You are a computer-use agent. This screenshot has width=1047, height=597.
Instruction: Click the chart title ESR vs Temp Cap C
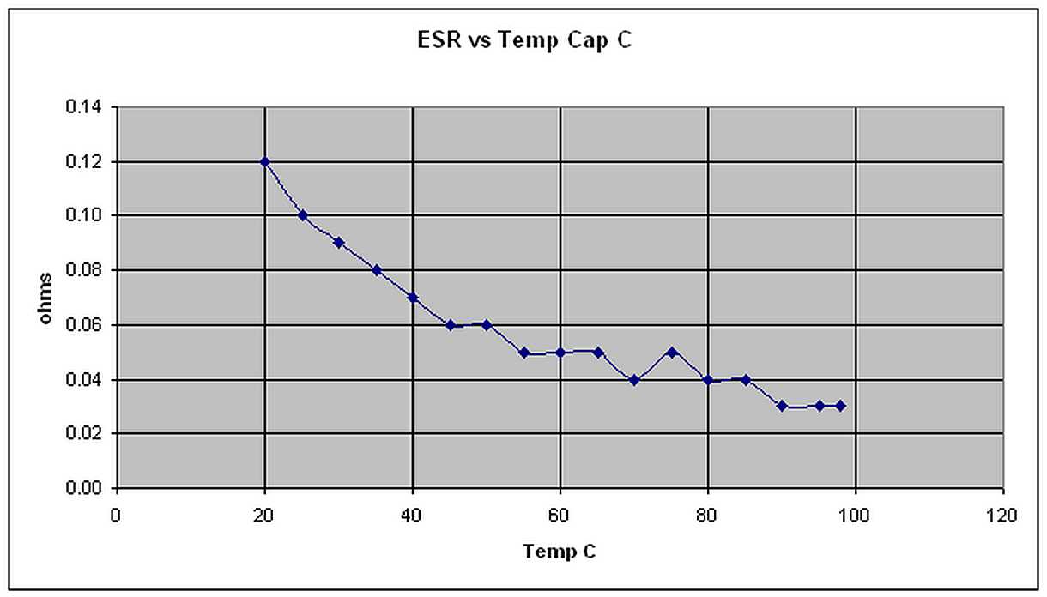(523, 41)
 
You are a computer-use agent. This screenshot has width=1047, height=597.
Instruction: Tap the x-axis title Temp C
(560, 552)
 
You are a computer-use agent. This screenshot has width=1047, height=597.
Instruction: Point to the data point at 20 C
(265, 161)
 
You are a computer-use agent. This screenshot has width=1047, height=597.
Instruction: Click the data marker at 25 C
(302, 215)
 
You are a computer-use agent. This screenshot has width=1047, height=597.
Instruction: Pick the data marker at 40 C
(413, 298)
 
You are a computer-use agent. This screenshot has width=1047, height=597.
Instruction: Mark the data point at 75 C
(672, 352)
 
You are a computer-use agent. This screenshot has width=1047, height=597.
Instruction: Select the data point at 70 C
(634, 380)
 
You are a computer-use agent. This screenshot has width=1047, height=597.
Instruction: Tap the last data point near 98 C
(841, 406)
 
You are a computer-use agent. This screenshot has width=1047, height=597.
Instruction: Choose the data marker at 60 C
(560, 353)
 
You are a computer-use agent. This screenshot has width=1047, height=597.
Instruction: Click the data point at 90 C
(782, 406)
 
